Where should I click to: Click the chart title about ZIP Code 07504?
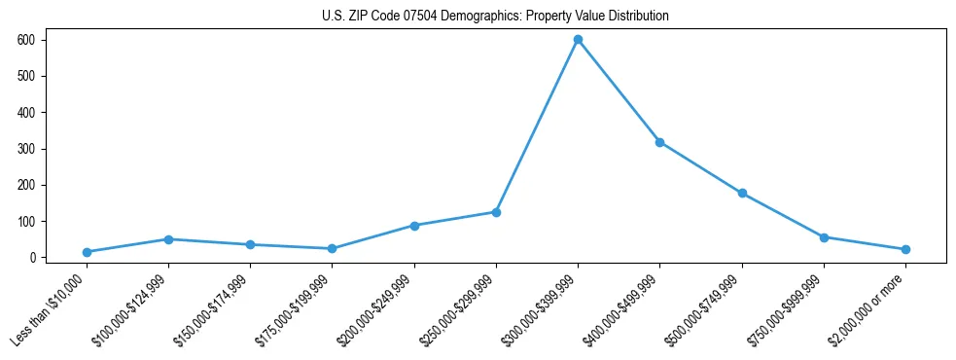pos(495,17)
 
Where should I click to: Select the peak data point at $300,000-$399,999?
pos(578,40)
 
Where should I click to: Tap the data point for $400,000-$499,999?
pos(659,142)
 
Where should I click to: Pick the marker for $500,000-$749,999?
pos(742,194)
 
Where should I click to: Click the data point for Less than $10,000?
pos(87,252)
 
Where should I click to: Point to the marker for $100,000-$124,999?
pos(168,239)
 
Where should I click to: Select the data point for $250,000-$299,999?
pos(496,212)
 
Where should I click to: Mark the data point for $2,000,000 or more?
pos(905,249)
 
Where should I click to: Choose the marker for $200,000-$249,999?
pos(414,226)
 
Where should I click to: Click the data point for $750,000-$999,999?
pos(824,237)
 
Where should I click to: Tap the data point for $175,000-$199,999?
pos(332,249)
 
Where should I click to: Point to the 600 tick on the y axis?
pos(39,40)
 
